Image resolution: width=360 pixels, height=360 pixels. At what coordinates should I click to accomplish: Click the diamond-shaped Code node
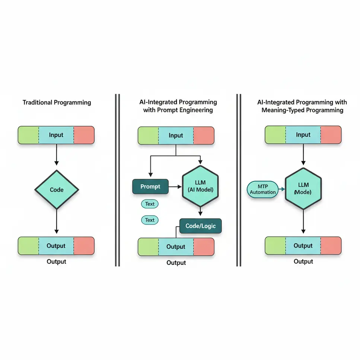57,189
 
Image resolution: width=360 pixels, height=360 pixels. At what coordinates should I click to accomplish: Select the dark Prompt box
150,186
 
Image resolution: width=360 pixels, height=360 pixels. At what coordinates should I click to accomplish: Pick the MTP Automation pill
263,189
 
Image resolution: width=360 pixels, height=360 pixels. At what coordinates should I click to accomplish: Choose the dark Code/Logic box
200,226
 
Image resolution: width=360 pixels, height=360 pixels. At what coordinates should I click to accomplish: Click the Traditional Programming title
57,102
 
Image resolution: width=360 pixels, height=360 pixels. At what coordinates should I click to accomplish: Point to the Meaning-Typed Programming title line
302,110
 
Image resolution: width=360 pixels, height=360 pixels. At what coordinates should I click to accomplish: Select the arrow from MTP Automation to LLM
282,189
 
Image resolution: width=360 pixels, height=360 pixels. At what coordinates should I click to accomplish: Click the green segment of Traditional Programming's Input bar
29,135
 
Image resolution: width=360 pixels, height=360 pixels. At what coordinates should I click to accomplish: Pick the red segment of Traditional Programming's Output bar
84,246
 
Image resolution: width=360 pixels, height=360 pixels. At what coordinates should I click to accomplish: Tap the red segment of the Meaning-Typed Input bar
331,135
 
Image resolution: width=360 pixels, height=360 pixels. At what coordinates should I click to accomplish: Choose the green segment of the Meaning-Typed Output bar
275,246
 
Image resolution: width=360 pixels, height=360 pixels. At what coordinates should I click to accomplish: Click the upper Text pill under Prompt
150,204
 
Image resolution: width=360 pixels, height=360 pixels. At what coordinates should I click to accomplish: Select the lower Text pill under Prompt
150,220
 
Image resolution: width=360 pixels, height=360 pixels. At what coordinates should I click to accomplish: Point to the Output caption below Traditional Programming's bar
57,262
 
